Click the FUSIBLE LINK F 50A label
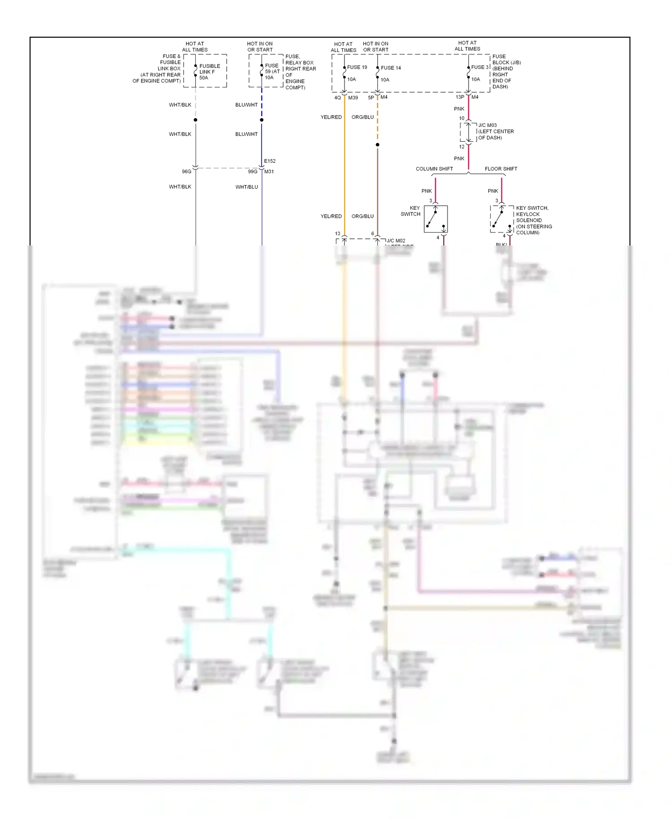point(209,72)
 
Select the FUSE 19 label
point(357,67)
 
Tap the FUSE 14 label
point(391,68)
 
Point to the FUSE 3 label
point(480,67)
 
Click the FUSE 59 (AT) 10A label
point(272,71)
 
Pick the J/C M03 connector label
point(487,125)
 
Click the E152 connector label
point(270,161)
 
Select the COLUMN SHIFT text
point(434,169)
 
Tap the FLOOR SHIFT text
point(500,169)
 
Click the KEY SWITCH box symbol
point(435,219)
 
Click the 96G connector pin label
point(186,172)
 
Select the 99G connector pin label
point(253,172)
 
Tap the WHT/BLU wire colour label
point(246,187)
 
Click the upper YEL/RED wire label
point(331,117)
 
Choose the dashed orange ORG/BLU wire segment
point(378,121)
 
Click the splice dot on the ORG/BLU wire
point(378,145)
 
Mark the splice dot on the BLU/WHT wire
point(262,120)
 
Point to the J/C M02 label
point(396,241)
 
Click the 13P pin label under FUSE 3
point(460,97)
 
